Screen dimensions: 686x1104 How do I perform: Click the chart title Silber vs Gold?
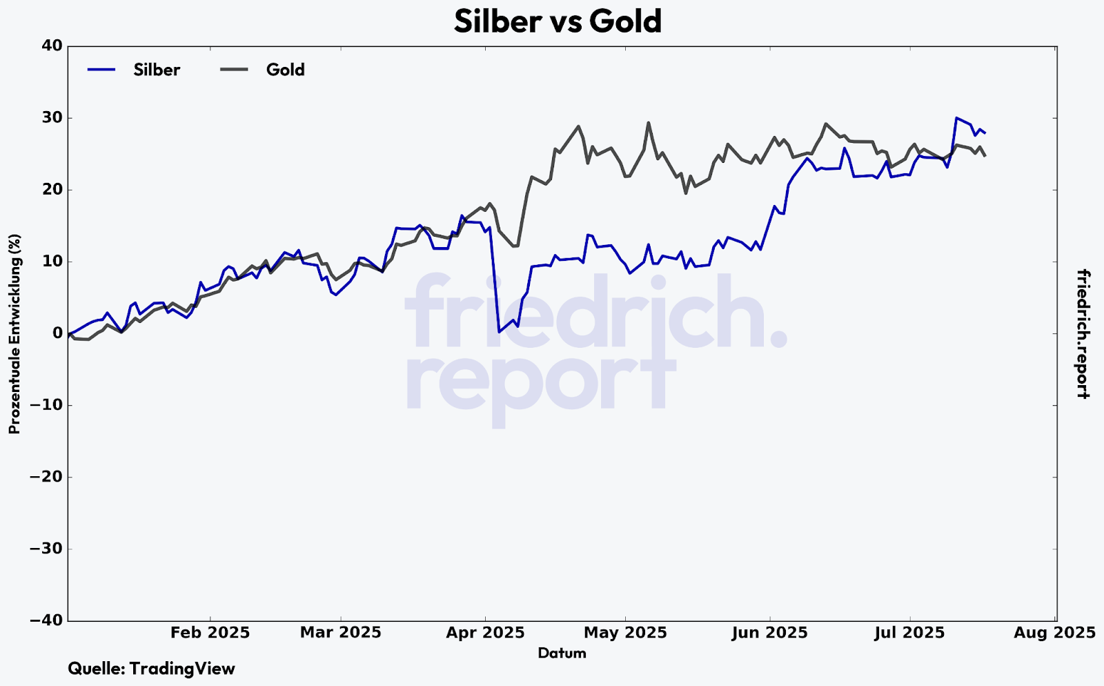[558, 21]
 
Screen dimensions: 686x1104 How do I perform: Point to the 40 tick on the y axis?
[53, 46]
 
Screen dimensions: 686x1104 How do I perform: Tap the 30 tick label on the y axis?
[53, 118]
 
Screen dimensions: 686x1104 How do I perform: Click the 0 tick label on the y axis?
[57, 333]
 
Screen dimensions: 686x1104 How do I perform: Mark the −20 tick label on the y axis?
[47, 477]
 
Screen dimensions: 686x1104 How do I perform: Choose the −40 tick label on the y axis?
[47, 620]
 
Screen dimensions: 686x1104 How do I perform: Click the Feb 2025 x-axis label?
[210, 633]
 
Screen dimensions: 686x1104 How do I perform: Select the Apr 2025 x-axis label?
[485, 633]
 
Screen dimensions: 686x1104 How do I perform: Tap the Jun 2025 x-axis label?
[769, 633]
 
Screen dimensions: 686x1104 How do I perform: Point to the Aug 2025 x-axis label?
[1054, 633]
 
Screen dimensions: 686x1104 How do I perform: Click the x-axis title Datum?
[562, 653]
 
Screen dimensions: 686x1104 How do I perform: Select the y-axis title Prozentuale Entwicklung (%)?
[14, 334]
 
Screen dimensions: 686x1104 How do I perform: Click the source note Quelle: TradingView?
[151, 669]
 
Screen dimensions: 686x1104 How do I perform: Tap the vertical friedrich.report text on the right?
[1083, 334]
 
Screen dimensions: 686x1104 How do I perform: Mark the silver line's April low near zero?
[499, 332]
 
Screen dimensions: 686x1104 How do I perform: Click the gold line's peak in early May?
[649, 123]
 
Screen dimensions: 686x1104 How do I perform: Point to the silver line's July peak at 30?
[956, 118]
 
